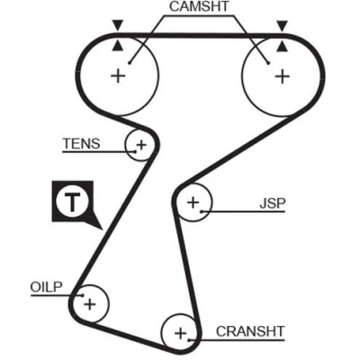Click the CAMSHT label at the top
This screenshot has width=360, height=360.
199,7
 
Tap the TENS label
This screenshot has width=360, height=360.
81,144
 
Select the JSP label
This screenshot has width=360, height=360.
273,203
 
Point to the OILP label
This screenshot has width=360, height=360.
46,287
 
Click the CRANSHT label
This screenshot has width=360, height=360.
250,331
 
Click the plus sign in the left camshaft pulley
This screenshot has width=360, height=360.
118,76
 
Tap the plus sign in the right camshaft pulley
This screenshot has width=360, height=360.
283,76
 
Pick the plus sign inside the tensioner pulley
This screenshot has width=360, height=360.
141,145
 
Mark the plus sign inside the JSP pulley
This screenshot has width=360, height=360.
193,202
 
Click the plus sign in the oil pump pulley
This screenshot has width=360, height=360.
90,304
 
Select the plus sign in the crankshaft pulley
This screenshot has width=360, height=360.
180,333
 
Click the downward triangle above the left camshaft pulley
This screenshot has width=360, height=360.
118,25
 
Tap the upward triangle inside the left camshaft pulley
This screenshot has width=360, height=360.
118,46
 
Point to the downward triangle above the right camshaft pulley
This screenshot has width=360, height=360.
282,26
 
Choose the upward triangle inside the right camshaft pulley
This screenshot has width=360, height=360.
282,47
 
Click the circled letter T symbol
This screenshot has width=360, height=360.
72,202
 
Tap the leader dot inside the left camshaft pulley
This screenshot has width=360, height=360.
130,63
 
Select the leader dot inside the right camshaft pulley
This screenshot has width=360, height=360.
268,63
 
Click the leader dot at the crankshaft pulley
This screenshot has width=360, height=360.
190,340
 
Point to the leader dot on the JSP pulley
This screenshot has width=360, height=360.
202,211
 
